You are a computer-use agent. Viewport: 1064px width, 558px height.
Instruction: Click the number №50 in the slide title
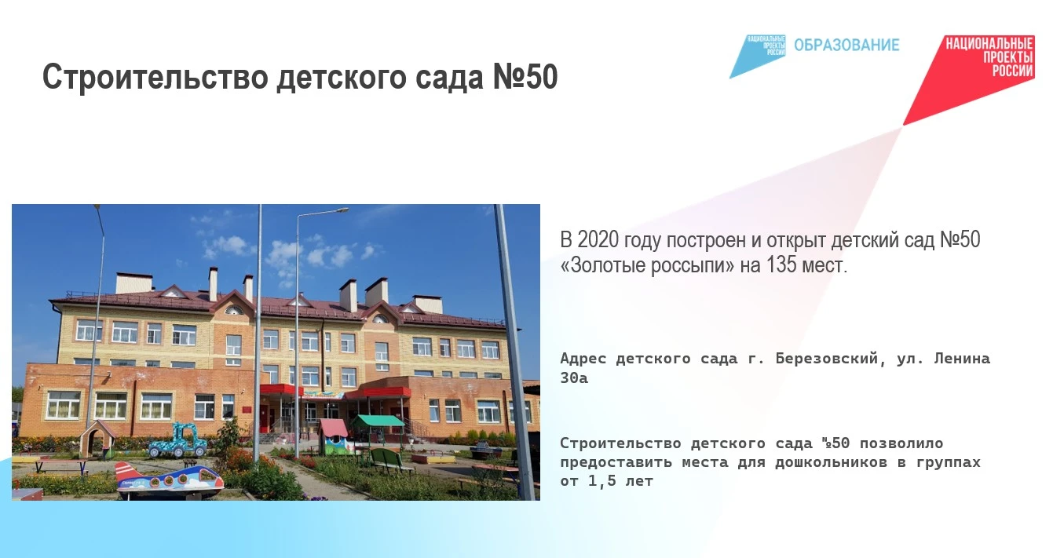tap(525, 76)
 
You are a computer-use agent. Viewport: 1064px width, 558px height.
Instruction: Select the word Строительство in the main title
tap(155, 76)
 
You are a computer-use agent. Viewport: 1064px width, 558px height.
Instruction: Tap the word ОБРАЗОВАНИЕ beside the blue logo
tap(846, 45)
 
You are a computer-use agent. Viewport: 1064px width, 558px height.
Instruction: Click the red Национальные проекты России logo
tap(969, 79)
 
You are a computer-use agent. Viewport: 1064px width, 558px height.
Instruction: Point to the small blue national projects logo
tap(757, 56)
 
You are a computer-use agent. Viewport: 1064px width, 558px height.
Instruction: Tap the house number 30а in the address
tap(574, 378)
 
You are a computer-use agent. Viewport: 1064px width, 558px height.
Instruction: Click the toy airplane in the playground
tap(170, 480)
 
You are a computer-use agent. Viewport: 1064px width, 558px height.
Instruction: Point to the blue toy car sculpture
tap(178, 441)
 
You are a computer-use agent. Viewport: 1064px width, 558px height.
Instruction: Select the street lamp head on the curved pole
tap(340, 210)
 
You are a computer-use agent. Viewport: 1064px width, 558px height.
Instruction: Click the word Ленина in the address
tap(962, 359)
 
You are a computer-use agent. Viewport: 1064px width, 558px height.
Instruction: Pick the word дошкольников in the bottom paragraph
tap(831, 462)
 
